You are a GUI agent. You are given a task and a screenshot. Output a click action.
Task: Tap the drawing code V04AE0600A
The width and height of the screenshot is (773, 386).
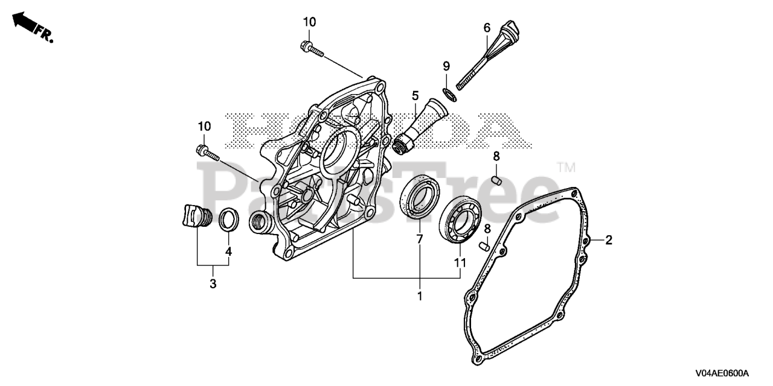pos(721,373)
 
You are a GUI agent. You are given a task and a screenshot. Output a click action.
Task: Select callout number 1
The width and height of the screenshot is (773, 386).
pos(419,296)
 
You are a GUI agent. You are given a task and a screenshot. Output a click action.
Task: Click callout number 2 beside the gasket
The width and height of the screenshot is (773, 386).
pos(609,240)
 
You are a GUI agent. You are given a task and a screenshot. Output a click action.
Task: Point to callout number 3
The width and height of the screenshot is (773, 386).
pos(213,283)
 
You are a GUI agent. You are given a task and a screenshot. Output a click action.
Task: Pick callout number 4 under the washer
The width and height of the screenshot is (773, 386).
pos(228,251)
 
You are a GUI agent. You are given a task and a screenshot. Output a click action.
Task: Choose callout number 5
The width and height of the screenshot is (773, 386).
pos(415,95)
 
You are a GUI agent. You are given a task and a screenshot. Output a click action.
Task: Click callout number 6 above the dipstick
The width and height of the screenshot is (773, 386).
pos(486,28)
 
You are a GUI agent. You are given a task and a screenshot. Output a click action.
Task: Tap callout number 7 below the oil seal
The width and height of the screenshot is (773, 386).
pos(419,239)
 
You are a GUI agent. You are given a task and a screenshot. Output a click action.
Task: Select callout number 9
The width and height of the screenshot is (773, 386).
pos(446,65)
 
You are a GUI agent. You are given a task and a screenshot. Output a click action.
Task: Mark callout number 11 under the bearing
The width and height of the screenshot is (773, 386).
pos(460,262)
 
